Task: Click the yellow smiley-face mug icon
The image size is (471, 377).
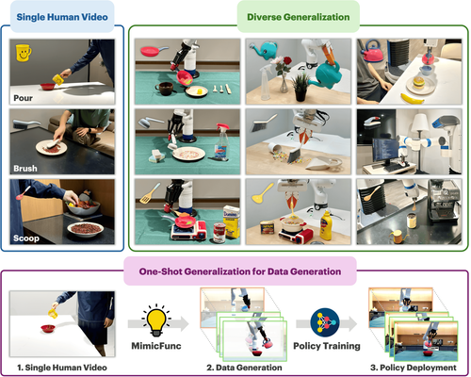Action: (23, 53)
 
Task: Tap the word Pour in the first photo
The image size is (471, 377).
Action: (23, 98)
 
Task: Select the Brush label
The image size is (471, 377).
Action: (25, 169)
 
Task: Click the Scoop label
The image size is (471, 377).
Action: (26, 238)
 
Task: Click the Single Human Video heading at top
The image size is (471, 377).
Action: (62, 17)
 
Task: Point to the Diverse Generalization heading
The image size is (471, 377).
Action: (299, 17)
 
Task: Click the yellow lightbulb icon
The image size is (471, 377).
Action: (156, 320)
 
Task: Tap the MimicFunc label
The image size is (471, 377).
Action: (156, 346)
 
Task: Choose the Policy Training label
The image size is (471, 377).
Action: (327, 346)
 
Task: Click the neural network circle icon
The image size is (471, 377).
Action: (325, 322)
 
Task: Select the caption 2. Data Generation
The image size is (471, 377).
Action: (244, 368)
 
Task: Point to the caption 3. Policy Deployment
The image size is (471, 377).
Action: (414, 368)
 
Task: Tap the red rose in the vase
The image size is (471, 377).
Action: (286, 60)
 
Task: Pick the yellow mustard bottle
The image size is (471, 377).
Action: (326, 224)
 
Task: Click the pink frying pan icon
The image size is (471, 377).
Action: (154, 51)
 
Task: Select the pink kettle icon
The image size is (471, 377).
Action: (373, 51)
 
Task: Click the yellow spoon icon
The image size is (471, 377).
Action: (263, 193)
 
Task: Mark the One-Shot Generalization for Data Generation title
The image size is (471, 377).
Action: (240, 271)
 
